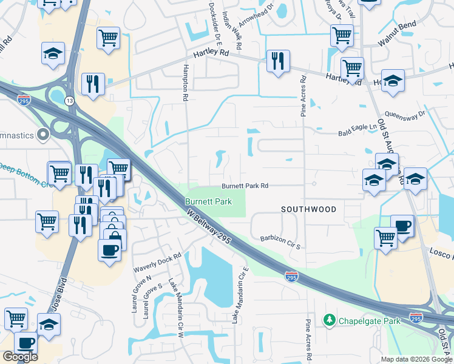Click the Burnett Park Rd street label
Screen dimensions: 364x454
pyautogui.click(x=245, y=186)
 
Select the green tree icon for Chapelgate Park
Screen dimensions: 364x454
pyautogui.click(x=330, y=319)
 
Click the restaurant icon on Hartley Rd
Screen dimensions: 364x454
pyautogui.click(x=277, y=61)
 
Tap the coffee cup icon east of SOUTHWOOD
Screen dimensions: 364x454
pyautogui.click(x=402, y=226)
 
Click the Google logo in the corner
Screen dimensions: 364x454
pyautogui.click(x=20, y=357)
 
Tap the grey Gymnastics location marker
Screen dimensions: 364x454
pyautogui.click(x=42, y=134)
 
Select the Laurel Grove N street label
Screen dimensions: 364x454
pyautogui.click(x=132, y=289)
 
